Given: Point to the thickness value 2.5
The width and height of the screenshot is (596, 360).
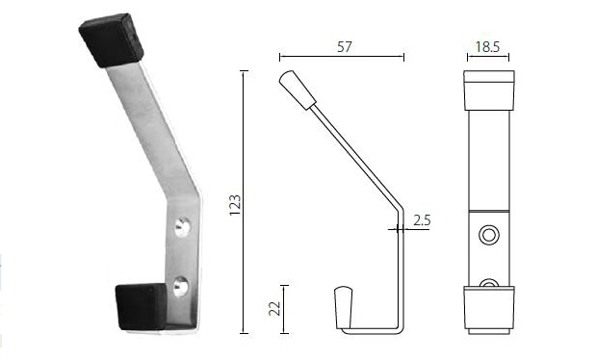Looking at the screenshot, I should (x=421, y=220).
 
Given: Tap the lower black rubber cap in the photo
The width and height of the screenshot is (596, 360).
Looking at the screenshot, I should (x=141, y=305).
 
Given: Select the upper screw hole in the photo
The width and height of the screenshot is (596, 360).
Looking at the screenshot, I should (x=183, y=227).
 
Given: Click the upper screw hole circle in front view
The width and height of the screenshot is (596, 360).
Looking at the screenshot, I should (x=489, y=235).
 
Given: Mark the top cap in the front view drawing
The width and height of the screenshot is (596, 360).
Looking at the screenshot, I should (x=488, y=90).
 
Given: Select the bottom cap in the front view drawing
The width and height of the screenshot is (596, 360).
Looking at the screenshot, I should (x=488, y=308).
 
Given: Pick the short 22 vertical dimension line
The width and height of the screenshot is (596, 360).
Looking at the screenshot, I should (x=283, y=308).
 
